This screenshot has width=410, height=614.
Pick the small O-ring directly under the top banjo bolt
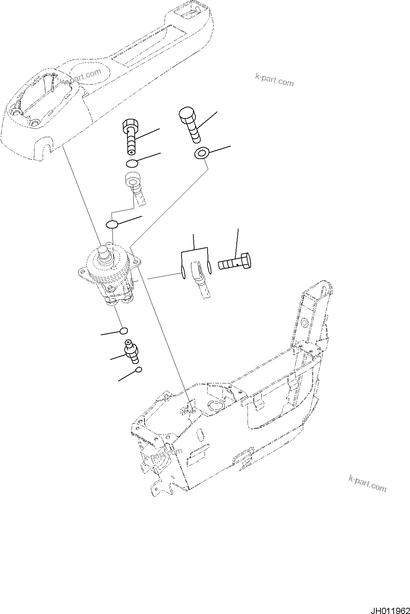click(x=132, y=163)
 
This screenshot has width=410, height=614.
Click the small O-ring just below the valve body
click(x=124, y=331)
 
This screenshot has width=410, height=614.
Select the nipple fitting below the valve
click(x=132, y=351)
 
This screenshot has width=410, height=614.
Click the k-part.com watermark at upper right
click(x=274, y=81)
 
